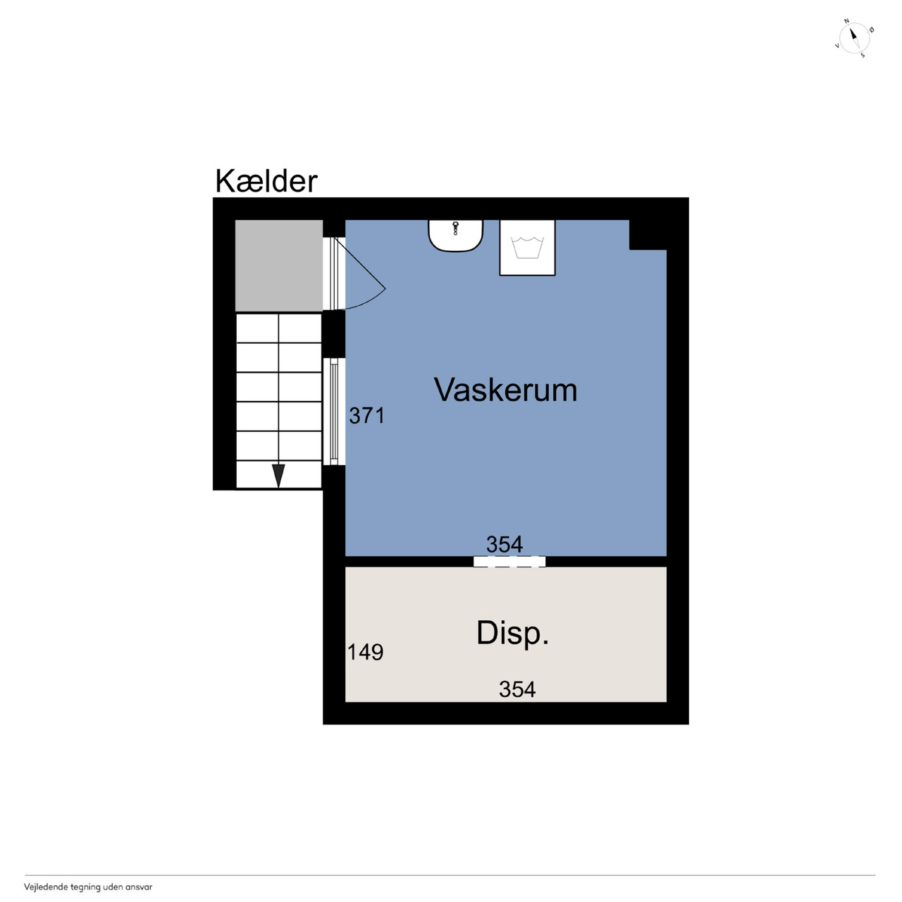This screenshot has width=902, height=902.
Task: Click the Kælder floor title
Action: coord(266,181)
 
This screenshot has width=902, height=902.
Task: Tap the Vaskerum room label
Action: coord(505,390)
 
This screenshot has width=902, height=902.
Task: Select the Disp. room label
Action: coord(512,634)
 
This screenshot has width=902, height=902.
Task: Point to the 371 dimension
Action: coord(367,416)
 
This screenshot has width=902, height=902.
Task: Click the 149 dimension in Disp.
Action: coord(365,652)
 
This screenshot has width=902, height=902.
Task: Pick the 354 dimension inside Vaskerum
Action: coord(504,544)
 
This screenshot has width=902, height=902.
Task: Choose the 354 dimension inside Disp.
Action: coord(517,689)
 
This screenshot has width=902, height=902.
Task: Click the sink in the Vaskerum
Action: coord(455,235)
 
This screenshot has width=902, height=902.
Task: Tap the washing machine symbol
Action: coord(527,247)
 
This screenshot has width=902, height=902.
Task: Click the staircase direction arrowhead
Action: coord(278,476)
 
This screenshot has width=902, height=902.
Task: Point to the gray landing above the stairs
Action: coord(279,266)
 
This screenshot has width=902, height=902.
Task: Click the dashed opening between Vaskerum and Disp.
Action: coord(509,561)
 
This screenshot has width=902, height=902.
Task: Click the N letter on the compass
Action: coord(846,21)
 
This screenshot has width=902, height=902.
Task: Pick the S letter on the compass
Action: coord(863,56)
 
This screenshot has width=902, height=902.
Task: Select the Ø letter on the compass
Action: coord(872,30)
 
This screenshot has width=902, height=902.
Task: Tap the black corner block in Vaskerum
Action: coord(648,235)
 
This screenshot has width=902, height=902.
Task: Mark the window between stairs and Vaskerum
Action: coord(334,412)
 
